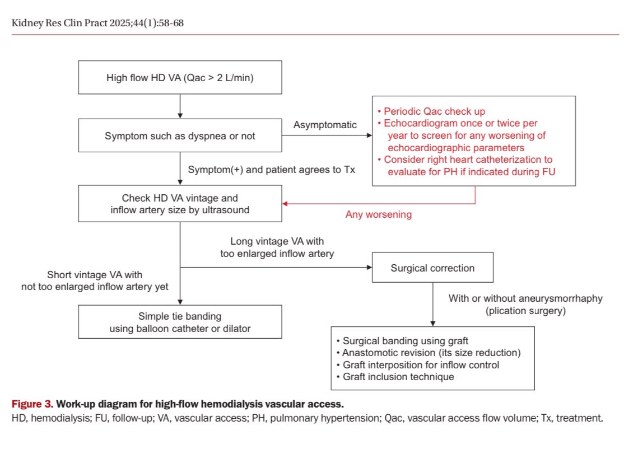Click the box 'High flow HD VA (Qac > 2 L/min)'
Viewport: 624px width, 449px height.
(x=180, y=78)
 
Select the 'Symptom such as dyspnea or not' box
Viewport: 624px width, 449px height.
(x=180, y=135)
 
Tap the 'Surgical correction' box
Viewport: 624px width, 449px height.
(x=432, y=268)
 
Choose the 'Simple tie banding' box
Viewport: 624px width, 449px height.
(x=180, y=322)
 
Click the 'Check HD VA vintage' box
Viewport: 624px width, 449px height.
(x=180, y=204)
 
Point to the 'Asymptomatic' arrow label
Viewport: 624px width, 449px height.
(x=325, y=125)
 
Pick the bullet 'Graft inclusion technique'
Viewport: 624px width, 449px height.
(x=397, y=377)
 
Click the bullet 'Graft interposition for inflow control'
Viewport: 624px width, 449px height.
(x=420, y=365)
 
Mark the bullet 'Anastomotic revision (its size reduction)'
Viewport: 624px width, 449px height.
(x=431, y=353)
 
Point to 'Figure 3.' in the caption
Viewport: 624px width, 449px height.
(x=31, y=404)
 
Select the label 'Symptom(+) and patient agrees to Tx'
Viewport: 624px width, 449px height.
(x=271, y=170)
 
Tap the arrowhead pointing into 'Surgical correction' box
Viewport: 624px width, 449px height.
(x=369, y=268)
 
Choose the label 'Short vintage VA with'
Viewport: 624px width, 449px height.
(x=95, y=275)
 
